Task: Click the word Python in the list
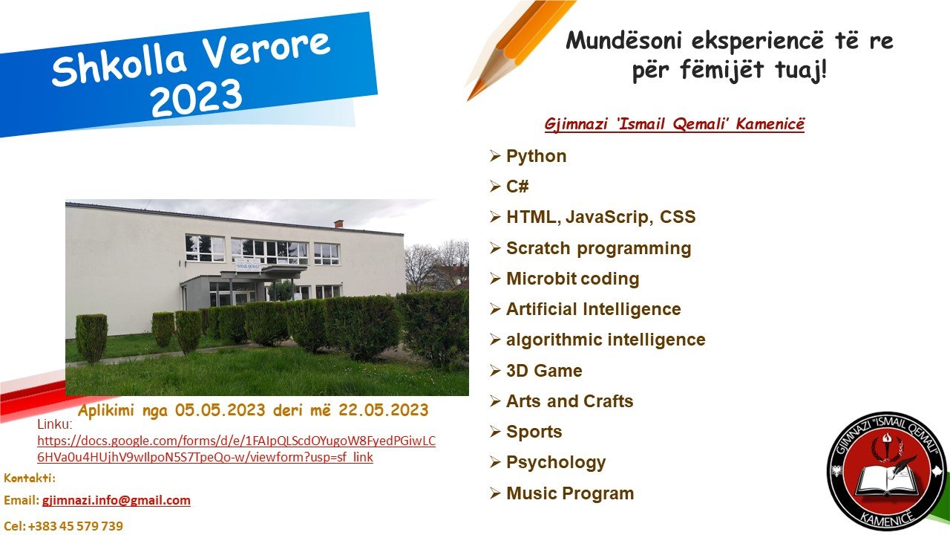click(536, 157)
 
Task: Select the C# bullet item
click(517, 187)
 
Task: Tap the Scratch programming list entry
click(598, 248)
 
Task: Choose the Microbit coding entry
click(572, 279)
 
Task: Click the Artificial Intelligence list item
click(593, 309)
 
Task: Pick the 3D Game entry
click(544, 371)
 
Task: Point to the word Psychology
click(556, 463)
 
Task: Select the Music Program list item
click(570, 493)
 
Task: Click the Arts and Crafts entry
click(569, 401)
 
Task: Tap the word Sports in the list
click(534, 432)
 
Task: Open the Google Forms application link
click(236, 449)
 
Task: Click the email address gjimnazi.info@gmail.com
click(117, 500)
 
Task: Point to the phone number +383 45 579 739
click(76, 526)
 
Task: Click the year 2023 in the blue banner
click(196, 99)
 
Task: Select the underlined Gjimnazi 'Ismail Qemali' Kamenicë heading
click(675, 124)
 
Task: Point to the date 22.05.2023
click(384, 410)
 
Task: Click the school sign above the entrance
click(248, 265)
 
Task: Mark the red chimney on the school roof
click(338, 224)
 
